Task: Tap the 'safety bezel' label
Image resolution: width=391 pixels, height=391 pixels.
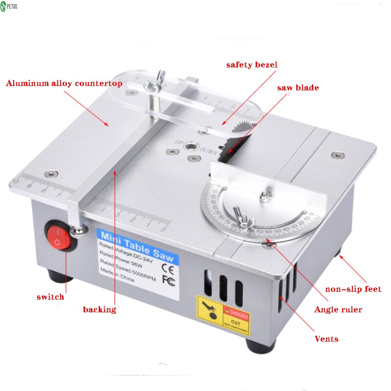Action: point(251,65)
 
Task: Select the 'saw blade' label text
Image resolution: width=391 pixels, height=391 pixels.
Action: point(298,88)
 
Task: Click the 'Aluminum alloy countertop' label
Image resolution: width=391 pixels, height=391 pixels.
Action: point(64,83)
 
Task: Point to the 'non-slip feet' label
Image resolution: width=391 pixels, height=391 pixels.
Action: point(353,289)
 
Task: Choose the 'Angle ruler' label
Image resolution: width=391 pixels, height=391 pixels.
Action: point(338,309)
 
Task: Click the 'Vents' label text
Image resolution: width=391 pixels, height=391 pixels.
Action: point(326,339)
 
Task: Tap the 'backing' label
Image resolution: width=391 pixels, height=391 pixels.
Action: point(99,309)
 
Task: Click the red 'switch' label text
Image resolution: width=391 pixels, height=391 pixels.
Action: point(50,297)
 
